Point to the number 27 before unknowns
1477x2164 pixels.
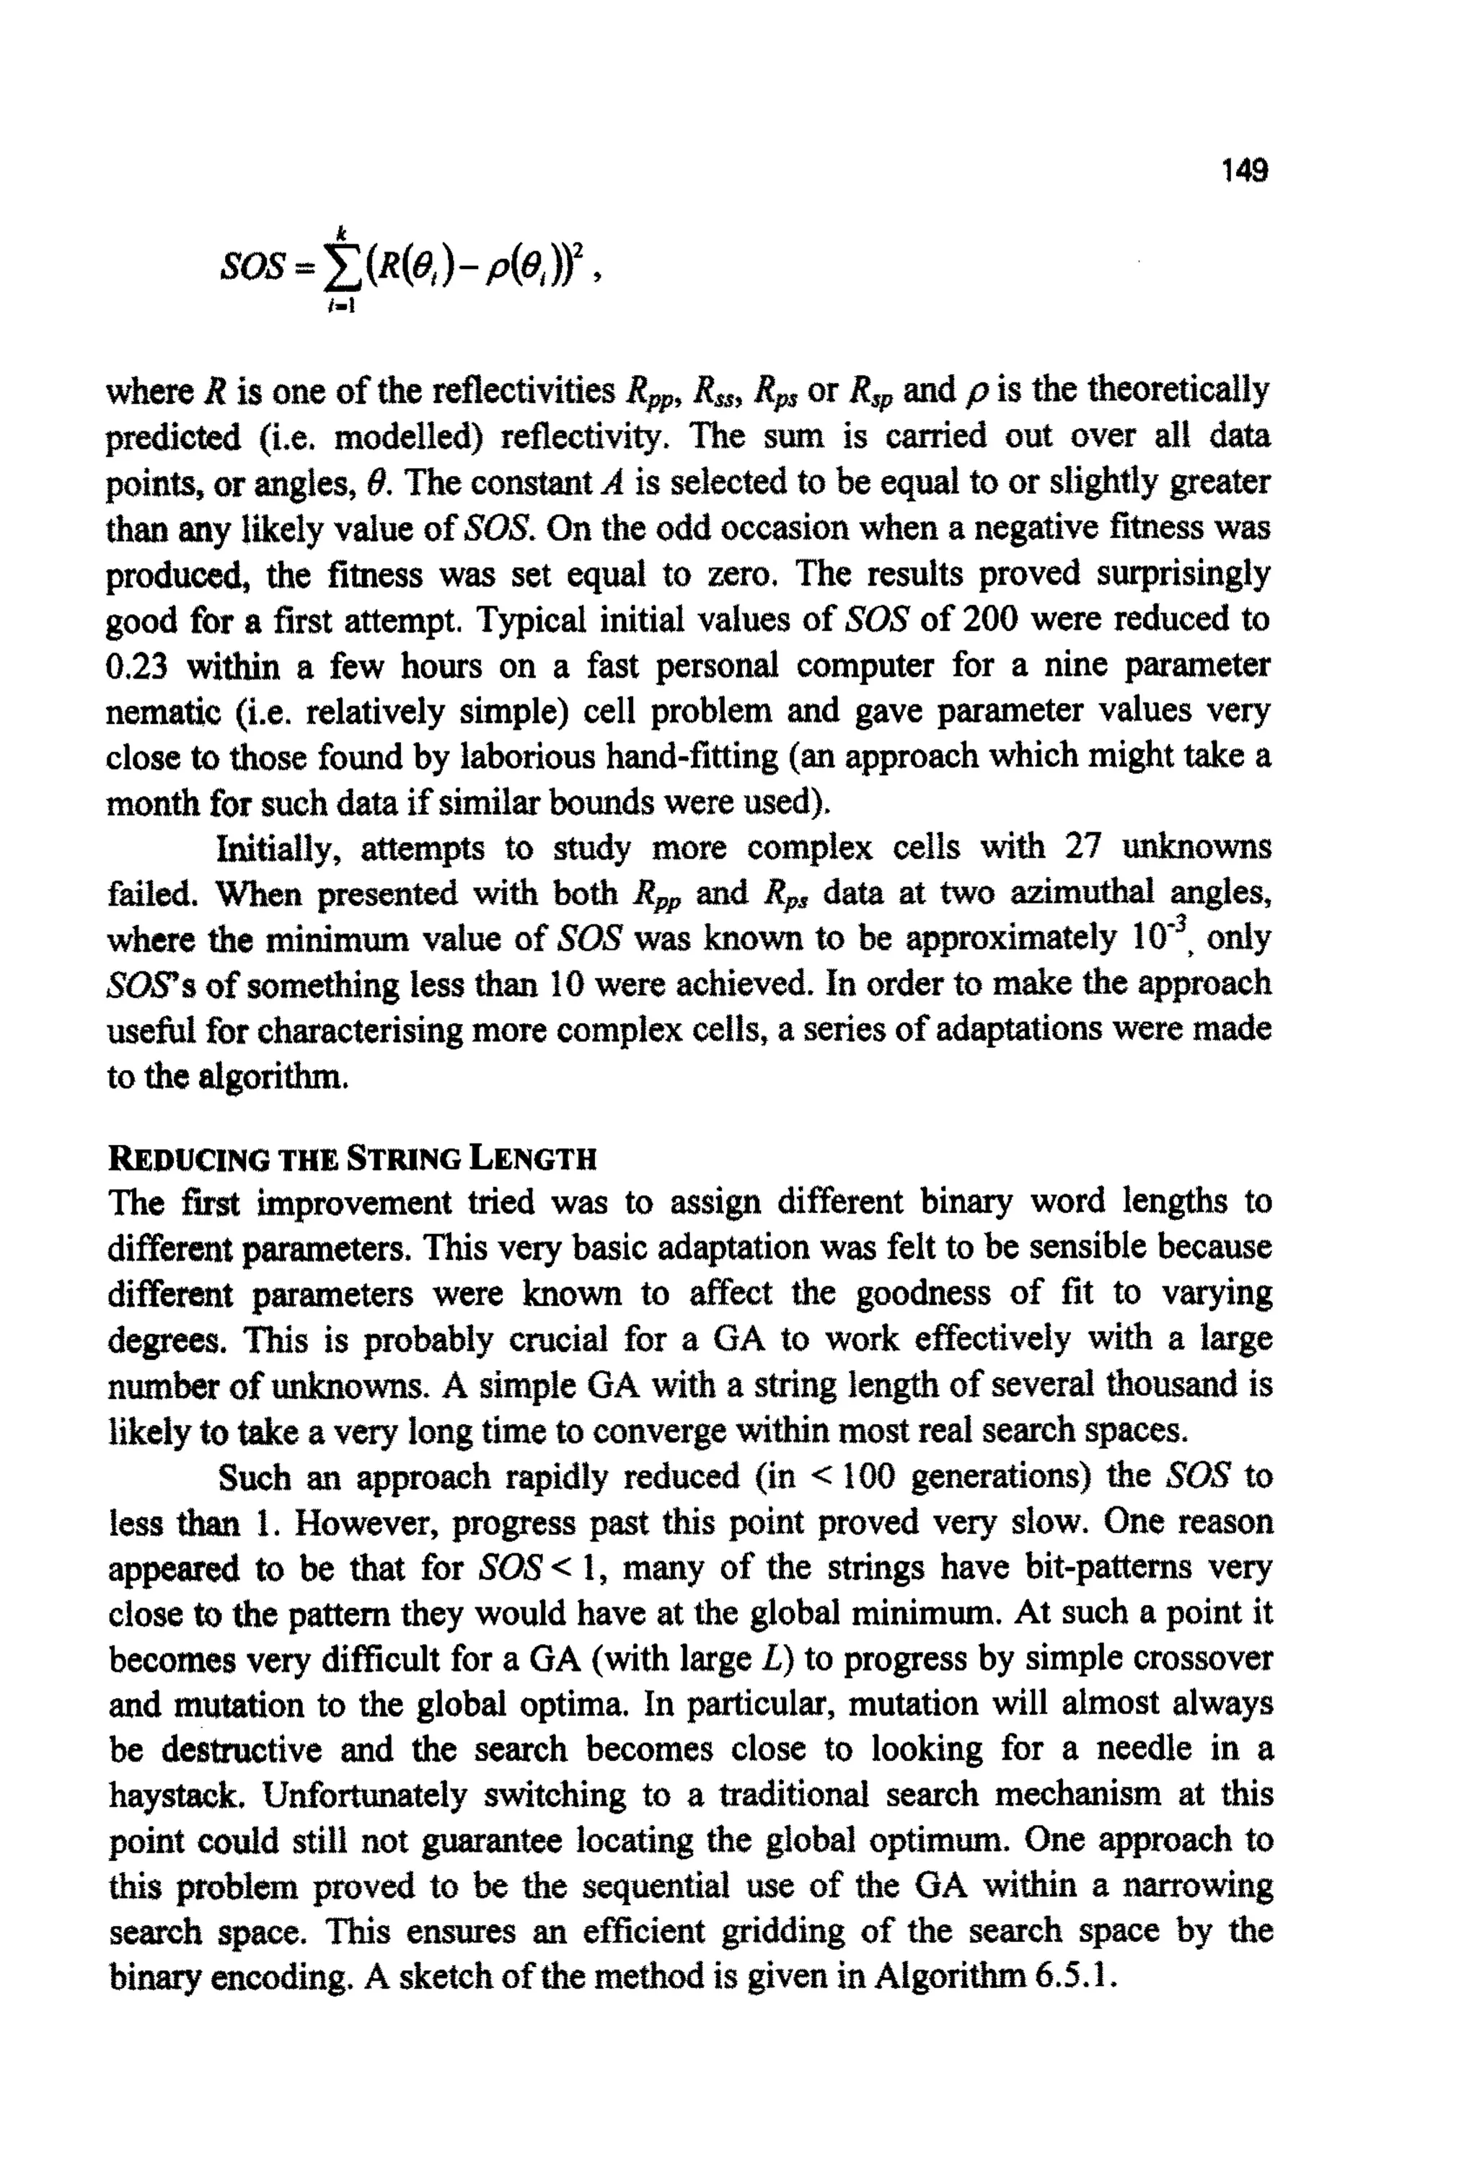click(1084, 847)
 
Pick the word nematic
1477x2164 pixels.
click(159, 712)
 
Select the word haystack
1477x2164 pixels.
click(177, 1794)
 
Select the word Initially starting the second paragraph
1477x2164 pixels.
click(278, 847)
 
